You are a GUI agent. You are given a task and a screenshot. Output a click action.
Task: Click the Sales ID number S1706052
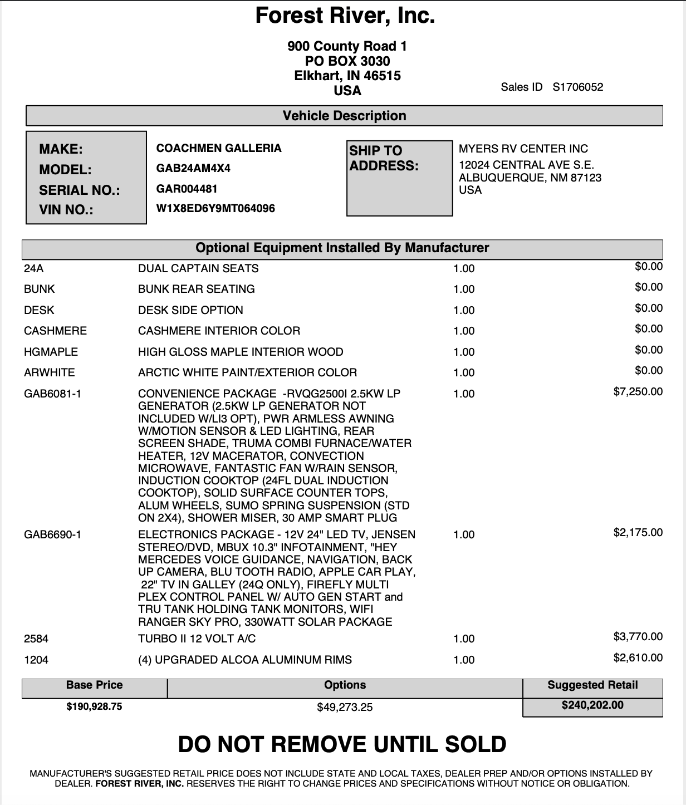pos(577,87)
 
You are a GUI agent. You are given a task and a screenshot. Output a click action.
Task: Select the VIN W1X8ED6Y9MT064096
pos(215,209)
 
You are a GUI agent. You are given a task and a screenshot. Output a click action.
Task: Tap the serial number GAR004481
pos(187,189)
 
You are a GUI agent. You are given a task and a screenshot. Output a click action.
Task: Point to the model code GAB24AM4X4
pos(193,168)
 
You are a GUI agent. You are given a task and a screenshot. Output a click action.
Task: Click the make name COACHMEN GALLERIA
pos(219,148)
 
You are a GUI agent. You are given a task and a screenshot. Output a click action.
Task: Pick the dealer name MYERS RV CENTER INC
pos(523,149)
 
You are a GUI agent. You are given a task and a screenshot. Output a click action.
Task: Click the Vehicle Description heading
pos(344,116)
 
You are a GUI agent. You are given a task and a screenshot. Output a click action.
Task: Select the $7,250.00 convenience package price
pos(638,391)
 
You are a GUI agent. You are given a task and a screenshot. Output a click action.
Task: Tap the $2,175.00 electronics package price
pos(638,532)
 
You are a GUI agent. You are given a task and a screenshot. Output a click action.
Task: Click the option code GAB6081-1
pos(52,394)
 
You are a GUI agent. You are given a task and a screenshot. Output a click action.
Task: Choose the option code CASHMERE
pos(55,331)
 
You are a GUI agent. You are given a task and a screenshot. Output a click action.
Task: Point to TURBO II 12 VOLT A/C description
pos(197,639)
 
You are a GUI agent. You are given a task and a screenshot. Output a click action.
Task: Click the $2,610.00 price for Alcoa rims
pos(638,657)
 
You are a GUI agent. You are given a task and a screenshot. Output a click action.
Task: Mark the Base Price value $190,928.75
pos(94,706)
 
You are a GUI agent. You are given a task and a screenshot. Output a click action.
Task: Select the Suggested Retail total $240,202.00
pos(592,705)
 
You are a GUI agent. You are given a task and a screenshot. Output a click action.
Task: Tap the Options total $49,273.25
pos(345,707)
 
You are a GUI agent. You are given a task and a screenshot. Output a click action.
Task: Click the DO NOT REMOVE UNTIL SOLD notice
pos(342,744)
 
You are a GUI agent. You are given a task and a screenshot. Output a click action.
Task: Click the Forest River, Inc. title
pos(345,16)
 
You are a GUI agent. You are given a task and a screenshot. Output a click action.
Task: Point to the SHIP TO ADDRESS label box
pos(399,178)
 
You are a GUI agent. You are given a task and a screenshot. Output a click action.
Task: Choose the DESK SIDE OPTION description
pos(190,310)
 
